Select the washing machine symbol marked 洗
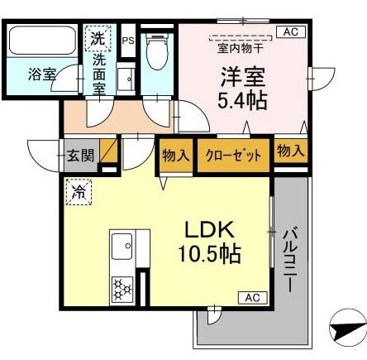(x=98, y=37)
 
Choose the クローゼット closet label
(x=234, y=156)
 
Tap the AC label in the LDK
(x=250, y=297)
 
